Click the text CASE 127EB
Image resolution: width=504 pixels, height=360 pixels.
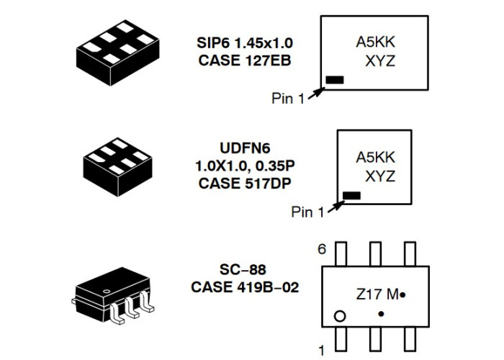[x=245, y=60]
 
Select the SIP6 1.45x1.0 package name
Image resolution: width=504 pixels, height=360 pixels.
[x=245, y=42]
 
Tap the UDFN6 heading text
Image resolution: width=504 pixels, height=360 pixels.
[x=245, y=148]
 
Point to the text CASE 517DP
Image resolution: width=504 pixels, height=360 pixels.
[x=245, y=184]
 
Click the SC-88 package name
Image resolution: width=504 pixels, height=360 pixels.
[x=243, y=269]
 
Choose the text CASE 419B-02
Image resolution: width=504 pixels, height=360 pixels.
[x=245, y=287]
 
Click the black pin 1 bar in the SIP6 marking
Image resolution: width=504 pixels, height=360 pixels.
[x=335, y=80]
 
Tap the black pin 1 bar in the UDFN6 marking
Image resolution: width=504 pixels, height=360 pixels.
[x=351, y=195]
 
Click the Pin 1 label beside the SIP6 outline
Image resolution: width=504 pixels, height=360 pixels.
[x=288, y=99]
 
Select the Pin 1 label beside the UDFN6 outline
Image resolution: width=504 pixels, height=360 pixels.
[x=307, y=212]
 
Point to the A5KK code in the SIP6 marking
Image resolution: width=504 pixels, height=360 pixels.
[x=375, y=42]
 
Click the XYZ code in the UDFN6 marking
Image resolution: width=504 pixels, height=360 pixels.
[x=380, y=177]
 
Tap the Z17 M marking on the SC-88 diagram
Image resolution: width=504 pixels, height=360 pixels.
[x=378, y=294]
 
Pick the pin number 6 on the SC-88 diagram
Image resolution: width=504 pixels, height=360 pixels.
[x=322, y=249]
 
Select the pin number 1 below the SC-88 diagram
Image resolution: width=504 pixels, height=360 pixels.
[x=321, y=350]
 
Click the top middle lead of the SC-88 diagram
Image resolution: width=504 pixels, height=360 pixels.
[x=375, y=254]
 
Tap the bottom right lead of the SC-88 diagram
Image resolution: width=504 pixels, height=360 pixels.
[x=410, y=339]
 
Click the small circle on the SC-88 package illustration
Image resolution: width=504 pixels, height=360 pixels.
[x=106, y=291]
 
